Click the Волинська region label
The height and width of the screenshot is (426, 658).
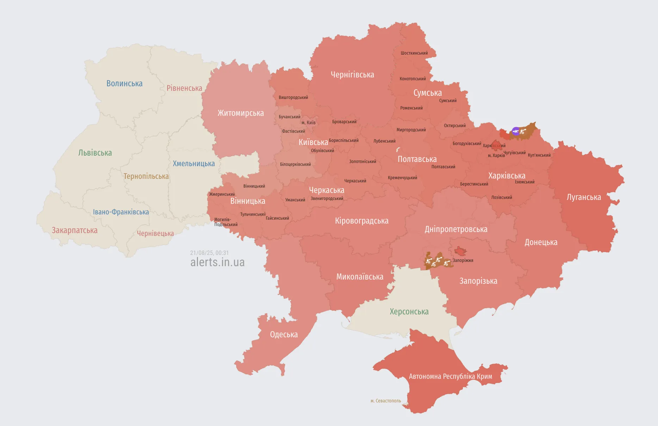pos(124,83)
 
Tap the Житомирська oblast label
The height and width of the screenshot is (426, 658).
pos(241,113)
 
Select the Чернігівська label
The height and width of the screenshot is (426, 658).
pos(352,75)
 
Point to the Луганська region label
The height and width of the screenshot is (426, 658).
pos(584,197)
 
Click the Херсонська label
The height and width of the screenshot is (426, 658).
pos(409,312)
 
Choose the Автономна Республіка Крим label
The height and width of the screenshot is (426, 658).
pos(450,376)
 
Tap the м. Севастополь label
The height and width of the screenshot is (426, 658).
pos(385,401)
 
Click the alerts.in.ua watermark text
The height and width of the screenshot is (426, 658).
pos(217,262)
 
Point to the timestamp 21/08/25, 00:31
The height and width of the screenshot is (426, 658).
pos(209,253)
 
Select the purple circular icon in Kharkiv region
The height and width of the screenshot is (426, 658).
pos(516,131)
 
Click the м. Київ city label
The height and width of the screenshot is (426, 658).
pos(308,123)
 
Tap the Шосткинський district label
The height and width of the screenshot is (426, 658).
pos(414,53)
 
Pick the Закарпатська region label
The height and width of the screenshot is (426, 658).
pos(75,230)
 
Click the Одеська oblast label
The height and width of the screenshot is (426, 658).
pos(284,334)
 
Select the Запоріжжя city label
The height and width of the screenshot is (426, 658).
pos(463,261)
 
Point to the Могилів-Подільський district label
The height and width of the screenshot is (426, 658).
pos(225,222)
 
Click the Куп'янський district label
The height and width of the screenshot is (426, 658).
pos(539,155)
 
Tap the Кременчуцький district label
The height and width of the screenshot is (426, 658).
pos(402,178)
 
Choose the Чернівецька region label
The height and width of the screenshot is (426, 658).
pos(155,233)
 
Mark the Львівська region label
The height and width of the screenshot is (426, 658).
pos(95,153)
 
